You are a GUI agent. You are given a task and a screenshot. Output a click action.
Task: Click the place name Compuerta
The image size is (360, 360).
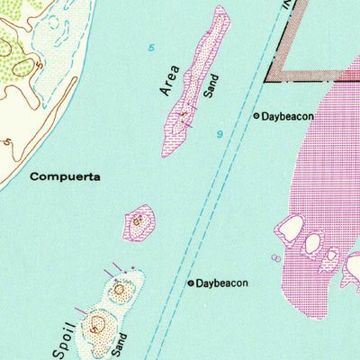point(63,176)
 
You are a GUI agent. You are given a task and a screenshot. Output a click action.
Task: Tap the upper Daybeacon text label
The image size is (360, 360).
point(290,116)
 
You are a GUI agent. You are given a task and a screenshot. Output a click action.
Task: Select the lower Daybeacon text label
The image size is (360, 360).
point(222,283)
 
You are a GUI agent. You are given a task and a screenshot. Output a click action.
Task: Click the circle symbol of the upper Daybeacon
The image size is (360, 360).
point(256,116)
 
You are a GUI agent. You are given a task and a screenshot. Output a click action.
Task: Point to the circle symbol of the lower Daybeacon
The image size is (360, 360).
point(189,283)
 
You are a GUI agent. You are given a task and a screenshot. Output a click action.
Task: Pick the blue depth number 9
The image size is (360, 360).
point(219,134)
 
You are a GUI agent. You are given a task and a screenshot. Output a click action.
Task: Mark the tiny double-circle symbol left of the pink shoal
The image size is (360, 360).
point(277,258)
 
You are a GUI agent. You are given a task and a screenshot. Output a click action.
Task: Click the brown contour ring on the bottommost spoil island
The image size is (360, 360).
point(95,326)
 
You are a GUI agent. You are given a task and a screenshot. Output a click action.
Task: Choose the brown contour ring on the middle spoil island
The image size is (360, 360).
point(120,289)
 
